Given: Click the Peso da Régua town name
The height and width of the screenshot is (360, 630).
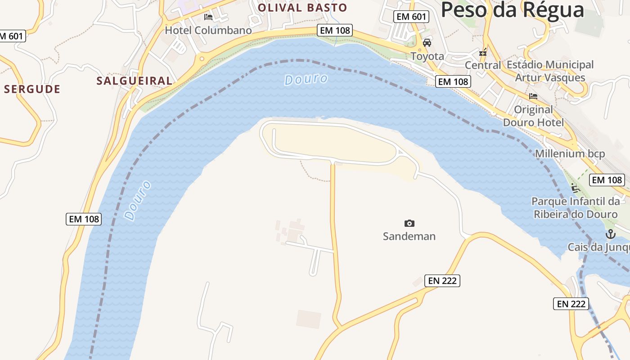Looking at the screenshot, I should click(512, 10).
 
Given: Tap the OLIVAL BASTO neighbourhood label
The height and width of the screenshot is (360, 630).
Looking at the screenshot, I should click(302, 8).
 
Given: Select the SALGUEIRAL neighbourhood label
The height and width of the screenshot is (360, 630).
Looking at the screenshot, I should click(134, 81).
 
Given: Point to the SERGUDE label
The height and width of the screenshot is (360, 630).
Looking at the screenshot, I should click(32, 89).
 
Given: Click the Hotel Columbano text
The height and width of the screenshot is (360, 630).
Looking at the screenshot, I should click(208, 31).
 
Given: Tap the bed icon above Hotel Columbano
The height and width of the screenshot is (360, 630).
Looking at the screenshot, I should click(208, 17).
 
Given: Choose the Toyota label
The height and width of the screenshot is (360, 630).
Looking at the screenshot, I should click(427, 56).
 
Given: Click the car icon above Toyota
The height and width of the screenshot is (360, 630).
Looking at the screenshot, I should click(427, 43).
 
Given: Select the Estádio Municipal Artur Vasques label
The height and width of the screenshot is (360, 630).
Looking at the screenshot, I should click(550, 71).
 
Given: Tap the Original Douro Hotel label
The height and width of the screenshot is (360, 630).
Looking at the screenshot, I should click(533, 116).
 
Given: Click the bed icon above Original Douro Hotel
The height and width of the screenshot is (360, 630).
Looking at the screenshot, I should click(533, 96).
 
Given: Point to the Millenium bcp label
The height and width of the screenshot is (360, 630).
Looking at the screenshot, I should click(570, 154).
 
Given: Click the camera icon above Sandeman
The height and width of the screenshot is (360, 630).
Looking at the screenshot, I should click(409, 223).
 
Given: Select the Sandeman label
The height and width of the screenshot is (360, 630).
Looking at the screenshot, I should click(409, 236).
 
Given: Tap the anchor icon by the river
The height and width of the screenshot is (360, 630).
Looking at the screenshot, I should click(610, 234).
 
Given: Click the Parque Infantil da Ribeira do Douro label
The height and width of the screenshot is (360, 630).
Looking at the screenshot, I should click(576, 207).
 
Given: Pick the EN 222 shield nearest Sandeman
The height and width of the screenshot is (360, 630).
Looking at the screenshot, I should click(442, 281).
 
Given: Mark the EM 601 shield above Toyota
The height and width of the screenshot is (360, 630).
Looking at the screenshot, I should click(411, 17).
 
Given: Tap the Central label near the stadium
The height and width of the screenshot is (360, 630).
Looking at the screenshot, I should click(482, 65).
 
